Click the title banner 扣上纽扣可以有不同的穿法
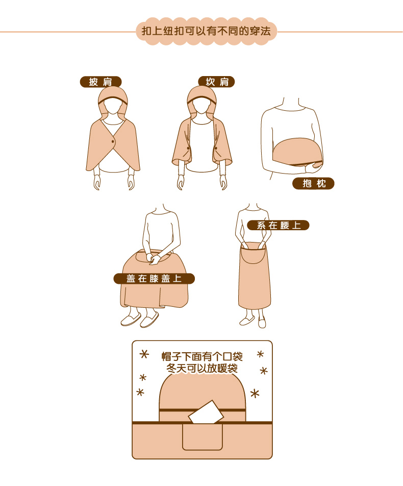click(x=206, y=31)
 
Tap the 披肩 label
click(x=100, y=82)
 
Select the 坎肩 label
click(x=216, y=82)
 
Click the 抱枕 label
click(x=314, y=183)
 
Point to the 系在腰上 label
click(x=278, y=225)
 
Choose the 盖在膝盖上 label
click(x=154, y=279)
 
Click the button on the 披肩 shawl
click(x=113, y=142)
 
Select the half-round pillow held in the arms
click(x=297, y=152)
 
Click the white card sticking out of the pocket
click(x=206, y=413)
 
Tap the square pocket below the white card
click(x=203, y=437)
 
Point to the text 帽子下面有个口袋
click(x=202, y=356)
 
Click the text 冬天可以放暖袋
click(x=202, y=368)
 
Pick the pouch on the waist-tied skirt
click(x=253, y=253)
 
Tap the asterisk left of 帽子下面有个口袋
click(x=144, y=354)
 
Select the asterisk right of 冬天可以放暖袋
click(x=264, y=371)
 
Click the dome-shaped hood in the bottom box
click(x=203, y=394)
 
